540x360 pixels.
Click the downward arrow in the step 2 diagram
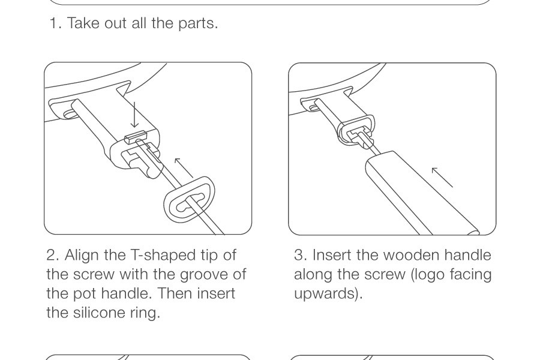(134, 115)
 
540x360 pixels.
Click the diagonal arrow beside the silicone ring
(184, 167)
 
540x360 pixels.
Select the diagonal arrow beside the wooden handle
(442, 178)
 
